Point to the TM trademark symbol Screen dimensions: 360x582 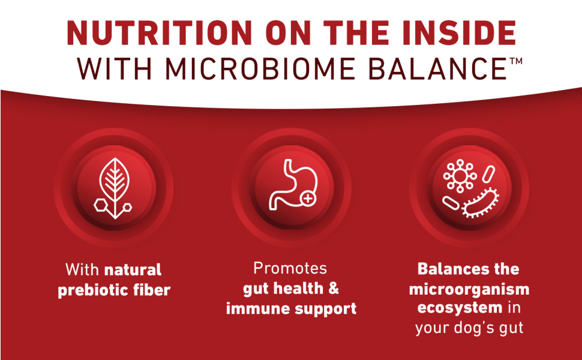point(515,61)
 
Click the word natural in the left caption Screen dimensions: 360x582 point(133,269)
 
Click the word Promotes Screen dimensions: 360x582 point(290,268)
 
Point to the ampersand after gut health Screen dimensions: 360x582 point(332,289)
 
